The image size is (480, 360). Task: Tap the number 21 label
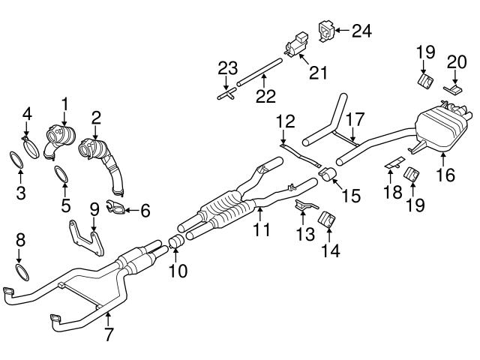[x=318, y=72]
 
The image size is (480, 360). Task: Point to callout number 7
[x=109, y=334]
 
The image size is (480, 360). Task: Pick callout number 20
[x=455, y=61]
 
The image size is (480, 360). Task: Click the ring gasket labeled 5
[x=64, y=177]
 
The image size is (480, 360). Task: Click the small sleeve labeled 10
[x=177, y=241]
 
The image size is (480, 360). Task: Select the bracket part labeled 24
[x=326, y=29]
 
